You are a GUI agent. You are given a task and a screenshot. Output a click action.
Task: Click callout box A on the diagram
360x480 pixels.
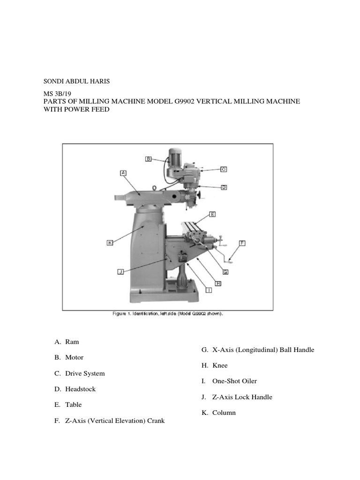pyautogui.click(x=123, y=173)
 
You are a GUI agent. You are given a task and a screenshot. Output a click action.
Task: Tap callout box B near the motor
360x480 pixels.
pyautogui.click(x=148, y=159)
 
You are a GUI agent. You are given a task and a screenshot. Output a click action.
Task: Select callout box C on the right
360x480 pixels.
pyautogui.click(x=224, y=169)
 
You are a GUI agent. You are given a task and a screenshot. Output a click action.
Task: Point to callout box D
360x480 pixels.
pyautogui.click(x=224, y=187)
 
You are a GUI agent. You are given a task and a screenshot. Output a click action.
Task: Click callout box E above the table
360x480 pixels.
pyautogui.click(x=212, y=214)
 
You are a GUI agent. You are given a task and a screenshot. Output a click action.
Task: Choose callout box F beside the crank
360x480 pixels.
pyautogui.click(x=242, y=243)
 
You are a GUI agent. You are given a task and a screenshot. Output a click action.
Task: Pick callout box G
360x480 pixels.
pyautogui.click(x=225, y=271)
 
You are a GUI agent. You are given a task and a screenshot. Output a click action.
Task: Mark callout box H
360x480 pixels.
pyautogui.click(x=218, y=283)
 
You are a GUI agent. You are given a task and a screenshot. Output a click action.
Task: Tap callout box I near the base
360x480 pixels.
pyautogui.click(x=209, y=290)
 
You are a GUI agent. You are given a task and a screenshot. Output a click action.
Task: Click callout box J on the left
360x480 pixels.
pyautogui.click(x=120, y=271)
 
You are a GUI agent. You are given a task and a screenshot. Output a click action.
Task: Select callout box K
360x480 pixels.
pyautogui.click(x=110, y=243)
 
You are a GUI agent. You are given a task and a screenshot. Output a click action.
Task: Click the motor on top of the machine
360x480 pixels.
pyautogui.click(x=175, y=156)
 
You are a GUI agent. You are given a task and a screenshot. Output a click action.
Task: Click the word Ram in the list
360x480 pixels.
pyautogui.click(x=72, y=342)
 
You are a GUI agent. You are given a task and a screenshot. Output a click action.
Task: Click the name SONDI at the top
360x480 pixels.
pyautogui.click(x=53, y=81)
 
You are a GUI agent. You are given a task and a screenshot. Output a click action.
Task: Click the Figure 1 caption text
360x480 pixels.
pyautogui.click(x=167, y=314)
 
